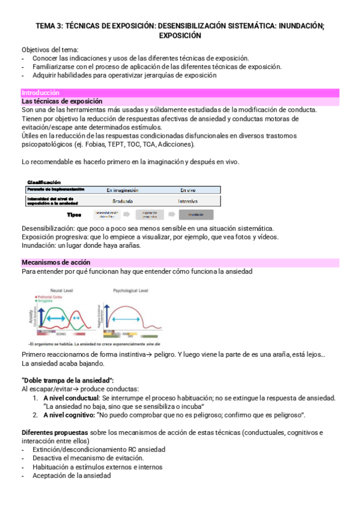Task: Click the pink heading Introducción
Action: (40, 93)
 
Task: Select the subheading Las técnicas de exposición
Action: (62, 102)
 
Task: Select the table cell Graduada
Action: (123, 201)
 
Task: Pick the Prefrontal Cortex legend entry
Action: (53, 297)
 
